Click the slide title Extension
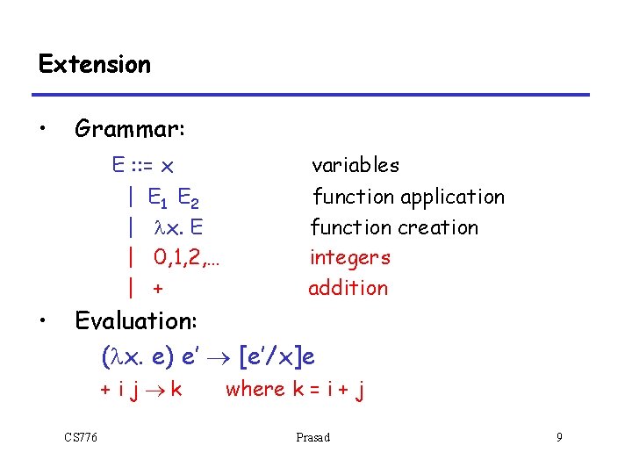coord(95,64)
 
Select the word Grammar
coord(129,129)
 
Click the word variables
coord(355,165)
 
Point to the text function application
coord(408,197)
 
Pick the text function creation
coord(394,227)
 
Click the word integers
coord(349,257)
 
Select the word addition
coord(348,288)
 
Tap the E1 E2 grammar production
coord(178,197)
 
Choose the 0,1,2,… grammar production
coord(185,257)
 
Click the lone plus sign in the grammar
coord(158,288)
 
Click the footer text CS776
coord(81,437)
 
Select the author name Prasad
coord(313,437)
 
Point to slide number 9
coord(558,437)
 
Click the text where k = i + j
coord(294,389)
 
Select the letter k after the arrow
coord(176,389)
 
